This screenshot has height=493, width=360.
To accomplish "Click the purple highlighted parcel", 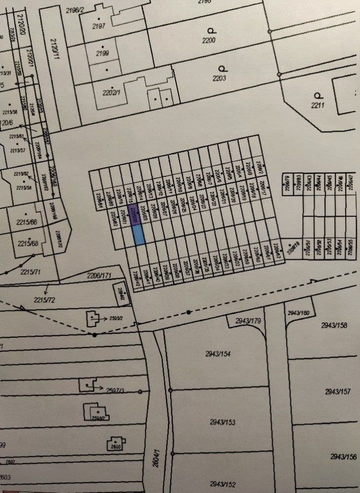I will click(x=135, y=215).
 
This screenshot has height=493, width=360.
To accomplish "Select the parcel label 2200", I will click(x=209, y=40).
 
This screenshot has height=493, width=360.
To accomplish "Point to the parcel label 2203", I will click(x=219, y=78).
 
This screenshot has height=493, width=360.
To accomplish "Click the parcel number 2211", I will click(x=317, y=105).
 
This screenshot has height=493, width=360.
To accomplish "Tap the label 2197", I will click(x=99, y=26).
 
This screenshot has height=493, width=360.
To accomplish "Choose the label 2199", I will click(x=103, y=53).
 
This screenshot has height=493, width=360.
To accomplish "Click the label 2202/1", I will click(x=111, y=93).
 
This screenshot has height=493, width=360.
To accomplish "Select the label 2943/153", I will click(x=222, y=422).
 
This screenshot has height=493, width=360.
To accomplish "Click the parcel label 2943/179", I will click(x=248, y=321).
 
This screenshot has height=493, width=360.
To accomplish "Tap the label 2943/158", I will click(x=334, y=325).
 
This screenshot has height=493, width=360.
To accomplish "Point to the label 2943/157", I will click(x=338, y=391).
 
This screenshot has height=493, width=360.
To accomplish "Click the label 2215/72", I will click(x=45, y=300).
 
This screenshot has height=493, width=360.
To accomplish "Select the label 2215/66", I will click(x=28, y=222).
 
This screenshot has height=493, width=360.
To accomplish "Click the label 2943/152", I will click(x=223, y=484).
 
